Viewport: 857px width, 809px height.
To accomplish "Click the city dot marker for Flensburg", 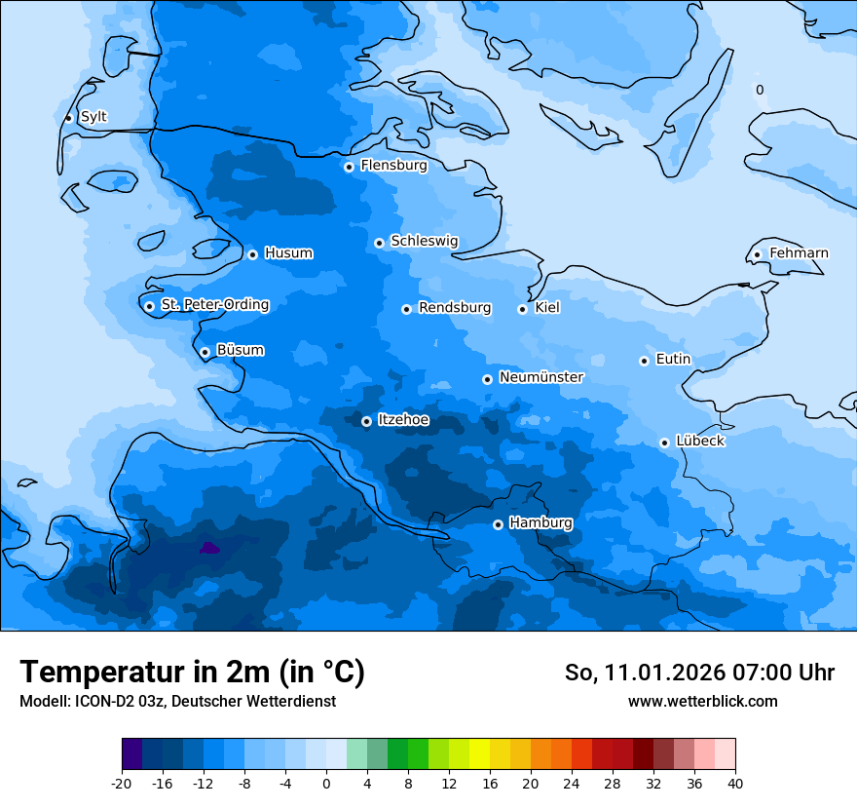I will point(349,167).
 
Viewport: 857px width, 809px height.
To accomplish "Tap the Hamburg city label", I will point(540,523).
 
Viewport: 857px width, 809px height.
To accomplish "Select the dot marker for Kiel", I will point(522,309).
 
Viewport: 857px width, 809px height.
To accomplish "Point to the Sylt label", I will point(93,117).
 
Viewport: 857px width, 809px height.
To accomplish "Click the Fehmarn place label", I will point(799,253).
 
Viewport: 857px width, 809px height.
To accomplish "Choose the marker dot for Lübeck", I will point(664,443).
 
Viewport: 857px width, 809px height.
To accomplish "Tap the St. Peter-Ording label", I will point(214,305).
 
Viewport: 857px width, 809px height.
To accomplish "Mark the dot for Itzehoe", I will point(366,421).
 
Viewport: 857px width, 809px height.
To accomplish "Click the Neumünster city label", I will point(541,377).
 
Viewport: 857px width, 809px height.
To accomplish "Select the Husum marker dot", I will point(252,254).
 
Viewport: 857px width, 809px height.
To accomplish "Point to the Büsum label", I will point(240,351).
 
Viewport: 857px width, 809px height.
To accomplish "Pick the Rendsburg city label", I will point(455,308).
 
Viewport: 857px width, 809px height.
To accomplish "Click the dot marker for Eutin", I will point(644,361).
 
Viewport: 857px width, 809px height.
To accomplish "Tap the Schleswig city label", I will point(424,242).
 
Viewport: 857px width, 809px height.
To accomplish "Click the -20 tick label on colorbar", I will point(122,783).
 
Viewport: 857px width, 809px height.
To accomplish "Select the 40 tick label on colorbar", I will point(735,783).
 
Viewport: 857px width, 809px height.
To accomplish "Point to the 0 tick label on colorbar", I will point(326,783).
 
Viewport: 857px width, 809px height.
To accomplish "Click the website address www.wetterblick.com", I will point(702,702).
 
